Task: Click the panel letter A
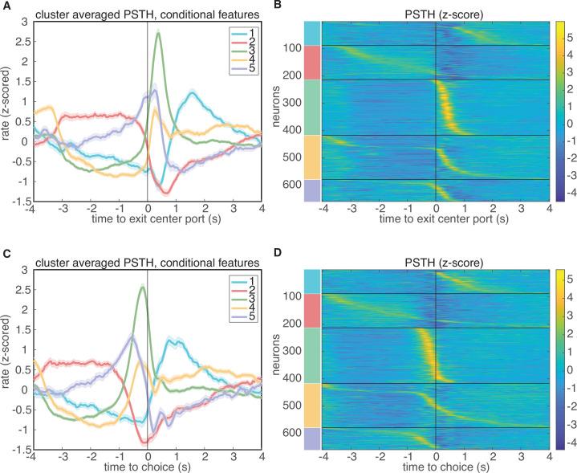(6, 6)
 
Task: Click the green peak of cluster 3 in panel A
(159, 33)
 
